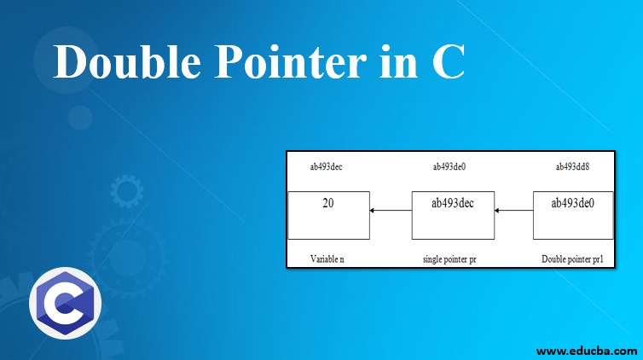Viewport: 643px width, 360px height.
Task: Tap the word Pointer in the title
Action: [284, 64]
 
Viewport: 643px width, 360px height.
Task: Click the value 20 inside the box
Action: [327, 204]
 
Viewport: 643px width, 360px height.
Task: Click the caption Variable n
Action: [327, 258]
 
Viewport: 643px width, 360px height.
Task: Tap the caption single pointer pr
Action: [449, 258]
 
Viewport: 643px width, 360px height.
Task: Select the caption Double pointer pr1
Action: [572, 258]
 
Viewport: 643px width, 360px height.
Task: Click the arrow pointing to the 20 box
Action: [390, 211]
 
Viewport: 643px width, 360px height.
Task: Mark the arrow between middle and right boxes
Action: [514, 211]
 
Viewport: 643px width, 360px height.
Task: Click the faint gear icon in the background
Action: [127, 192]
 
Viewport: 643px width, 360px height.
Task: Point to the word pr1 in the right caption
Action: [595, 258]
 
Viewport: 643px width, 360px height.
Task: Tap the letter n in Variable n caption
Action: [342, 258]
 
